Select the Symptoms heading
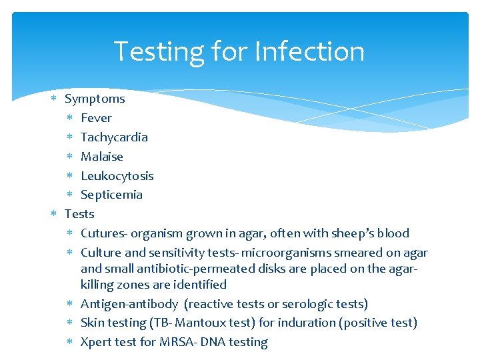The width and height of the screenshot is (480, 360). [x=95, y=99]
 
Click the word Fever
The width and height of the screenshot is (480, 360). [x=96, y=118]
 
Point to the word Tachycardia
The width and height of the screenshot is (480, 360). [x=114, y=137]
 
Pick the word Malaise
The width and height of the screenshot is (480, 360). [x=102, y=157]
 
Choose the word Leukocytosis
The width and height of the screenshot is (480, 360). [x=117, y=176]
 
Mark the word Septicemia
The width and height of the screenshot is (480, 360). [x=111, y=195]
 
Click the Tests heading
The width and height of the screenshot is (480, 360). [x=79, y=214]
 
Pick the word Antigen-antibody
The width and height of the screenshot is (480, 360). [x=129, y=304]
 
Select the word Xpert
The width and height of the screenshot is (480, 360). [x=97, y=343]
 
